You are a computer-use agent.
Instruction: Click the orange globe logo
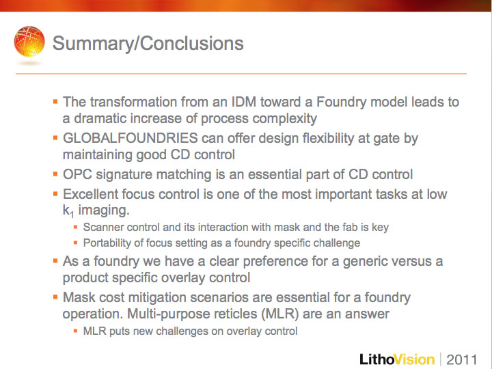tap(29, 42)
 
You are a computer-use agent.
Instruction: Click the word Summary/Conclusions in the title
tap(148, 43)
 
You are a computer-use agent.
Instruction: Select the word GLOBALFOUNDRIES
tap(131, 138)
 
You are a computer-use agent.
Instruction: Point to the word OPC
tap(77, 174)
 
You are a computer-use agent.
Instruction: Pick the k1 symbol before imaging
tap(68, 211)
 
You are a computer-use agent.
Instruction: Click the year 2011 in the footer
tap(461, 359)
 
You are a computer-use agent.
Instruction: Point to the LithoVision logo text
tap(397, 359)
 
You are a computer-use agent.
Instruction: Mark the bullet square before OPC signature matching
tap(55, 174)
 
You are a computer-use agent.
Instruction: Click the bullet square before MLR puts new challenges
tap(75, 331)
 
